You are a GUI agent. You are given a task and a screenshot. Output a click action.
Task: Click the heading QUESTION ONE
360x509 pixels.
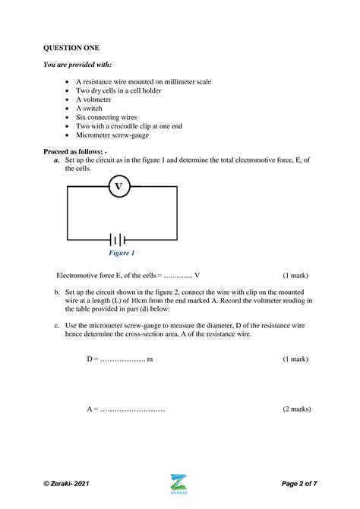tap(71, 48)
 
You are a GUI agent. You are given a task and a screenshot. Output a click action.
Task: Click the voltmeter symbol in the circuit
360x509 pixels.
tap(118, 186)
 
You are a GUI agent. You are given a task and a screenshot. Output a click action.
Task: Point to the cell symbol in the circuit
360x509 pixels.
tap(118, 239)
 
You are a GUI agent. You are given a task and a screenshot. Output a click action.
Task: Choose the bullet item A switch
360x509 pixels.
tap(91, 108)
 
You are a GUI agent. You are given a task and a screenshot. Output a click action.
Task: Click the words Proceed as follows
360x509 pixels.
tap(75, 152)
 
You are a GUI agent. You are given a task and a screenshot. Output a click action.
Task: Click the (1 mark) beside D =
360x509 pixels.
tap(295, 358)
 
